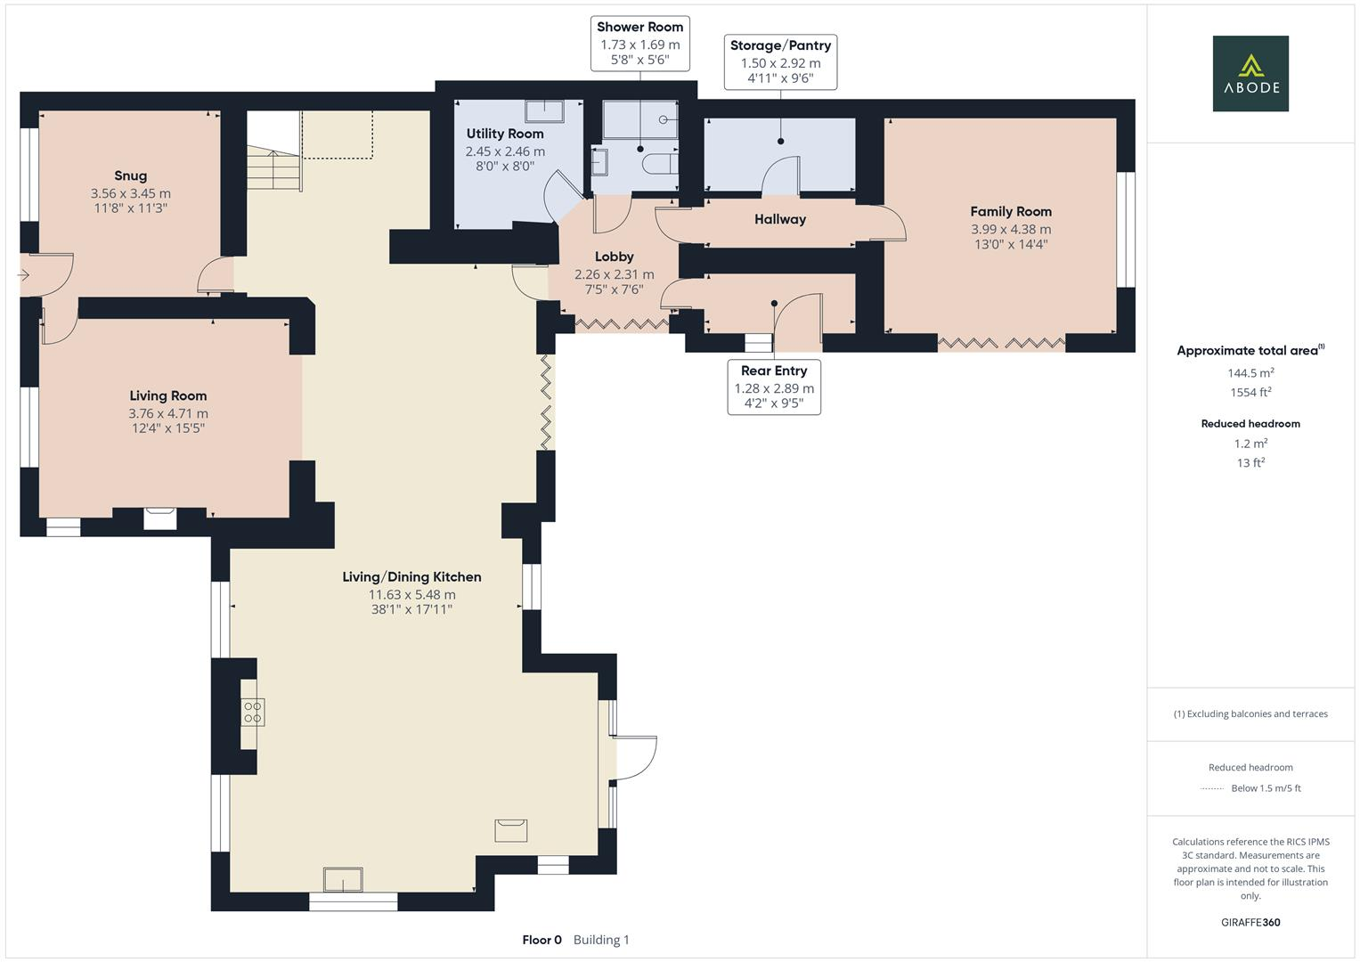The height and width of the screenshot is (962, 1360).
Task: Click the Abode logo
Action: click(1250, 73)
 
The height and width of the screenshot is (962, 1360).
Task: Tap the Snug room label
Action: click(130, 175)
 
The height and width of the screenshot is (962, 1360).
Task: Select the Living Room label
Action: click(167, 395)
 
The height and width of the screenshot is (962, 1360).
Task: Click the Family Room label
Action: click(1010, 211)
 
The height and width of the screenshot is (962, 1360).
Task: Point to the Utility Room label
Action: click(504, 134)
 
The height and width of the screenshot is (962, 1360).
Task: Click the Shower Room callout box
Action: click(639, 44)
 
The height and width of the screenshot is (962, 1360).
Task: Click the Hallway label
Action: click(779, 219)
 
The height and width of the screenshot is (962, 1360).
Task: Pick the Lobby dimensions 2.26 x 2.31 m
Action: click(614, 274)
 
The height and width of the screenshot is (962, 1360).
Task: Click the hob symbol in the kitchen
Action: click(252, 712)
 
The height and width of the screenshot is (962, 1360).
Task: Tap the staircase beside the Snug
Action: click(273, 169)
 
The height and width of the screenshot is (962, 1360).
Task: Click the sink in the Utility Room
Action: click(544, 111)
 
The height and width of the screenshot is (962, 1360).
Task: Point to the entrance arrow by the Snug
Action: click(23, 276)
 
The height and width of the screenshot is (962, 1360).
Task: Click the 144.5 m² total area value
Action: click(1250, 373)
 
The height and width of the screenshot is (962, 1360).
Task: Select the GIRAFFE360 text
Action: click(1250, 922)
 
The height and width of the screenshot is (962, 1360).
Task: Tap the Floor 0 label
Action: click(542, 940)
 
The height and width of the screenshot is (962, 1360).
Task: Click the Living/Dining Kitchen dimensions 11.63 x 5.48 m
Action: click(411, 595)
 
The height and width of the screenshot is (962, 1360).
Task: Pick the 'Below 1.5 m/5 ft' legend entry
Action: click(1265, 788)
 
